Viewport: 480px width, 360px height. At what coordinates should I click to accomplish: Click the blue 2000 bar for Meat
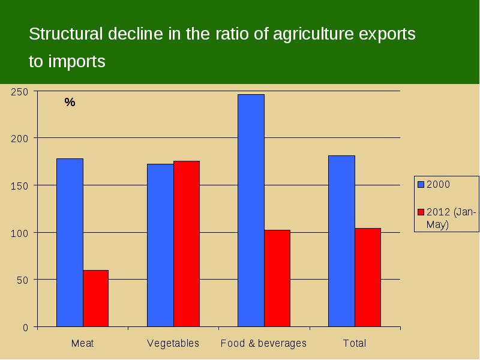click(70, 243)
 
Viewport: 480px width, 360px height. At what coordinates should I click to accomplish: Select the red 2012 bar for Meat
click(96, 298)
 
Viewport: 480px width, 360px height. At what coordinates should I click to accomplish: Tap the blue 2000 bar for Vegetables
click(160, 245)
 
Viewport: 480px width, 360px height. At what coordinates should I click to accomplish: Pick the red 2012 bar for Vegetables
click(187, 244)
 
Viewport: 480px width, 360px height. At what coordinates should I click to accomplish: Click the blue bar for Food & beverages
click(251, 211)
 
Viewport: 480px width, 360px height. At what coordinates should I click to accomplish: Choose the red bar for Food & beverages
click(277, 278)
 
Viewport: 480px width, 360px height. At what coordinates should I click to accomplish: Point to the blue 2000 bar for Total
click(341, 241)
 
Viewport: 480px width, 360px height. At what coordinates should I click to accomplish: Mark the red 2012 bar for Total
click(368, 278)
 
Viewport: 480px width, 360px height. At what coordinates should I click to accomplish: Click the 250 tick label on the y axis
click(19, 92)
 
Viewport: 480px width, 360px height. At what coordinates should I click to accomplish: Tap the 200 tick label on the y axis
click(19, 139)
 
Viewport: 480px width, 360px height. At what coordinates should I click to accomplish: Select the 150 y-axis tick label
click(19, 186)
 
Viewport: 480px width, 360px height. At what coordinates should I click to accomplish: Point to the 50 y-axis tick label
click(22, 280)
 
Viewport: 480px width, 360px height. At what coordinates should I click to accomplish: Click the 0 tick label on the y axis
click(25, 328)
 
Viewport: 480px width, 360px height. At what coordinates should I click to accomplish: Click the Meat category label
click(82, 343)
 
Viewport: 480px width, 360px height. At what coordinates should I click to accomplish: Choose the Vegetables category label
click(173, 343)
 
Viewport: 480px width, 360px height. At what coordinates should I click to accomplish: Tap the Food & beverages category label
click(263, 343)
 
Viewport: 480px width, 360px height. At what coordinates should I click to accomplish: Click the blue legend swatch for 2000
click(421, 184)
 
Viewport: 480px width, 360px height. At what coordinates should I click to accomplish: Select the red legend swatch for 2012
click(421, 212)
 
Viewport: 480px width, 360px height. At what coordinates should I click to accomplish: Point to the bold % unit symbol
click(70, 102)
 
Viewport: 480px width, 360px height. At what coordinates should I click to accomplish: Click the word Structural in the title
click(65, 34)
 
